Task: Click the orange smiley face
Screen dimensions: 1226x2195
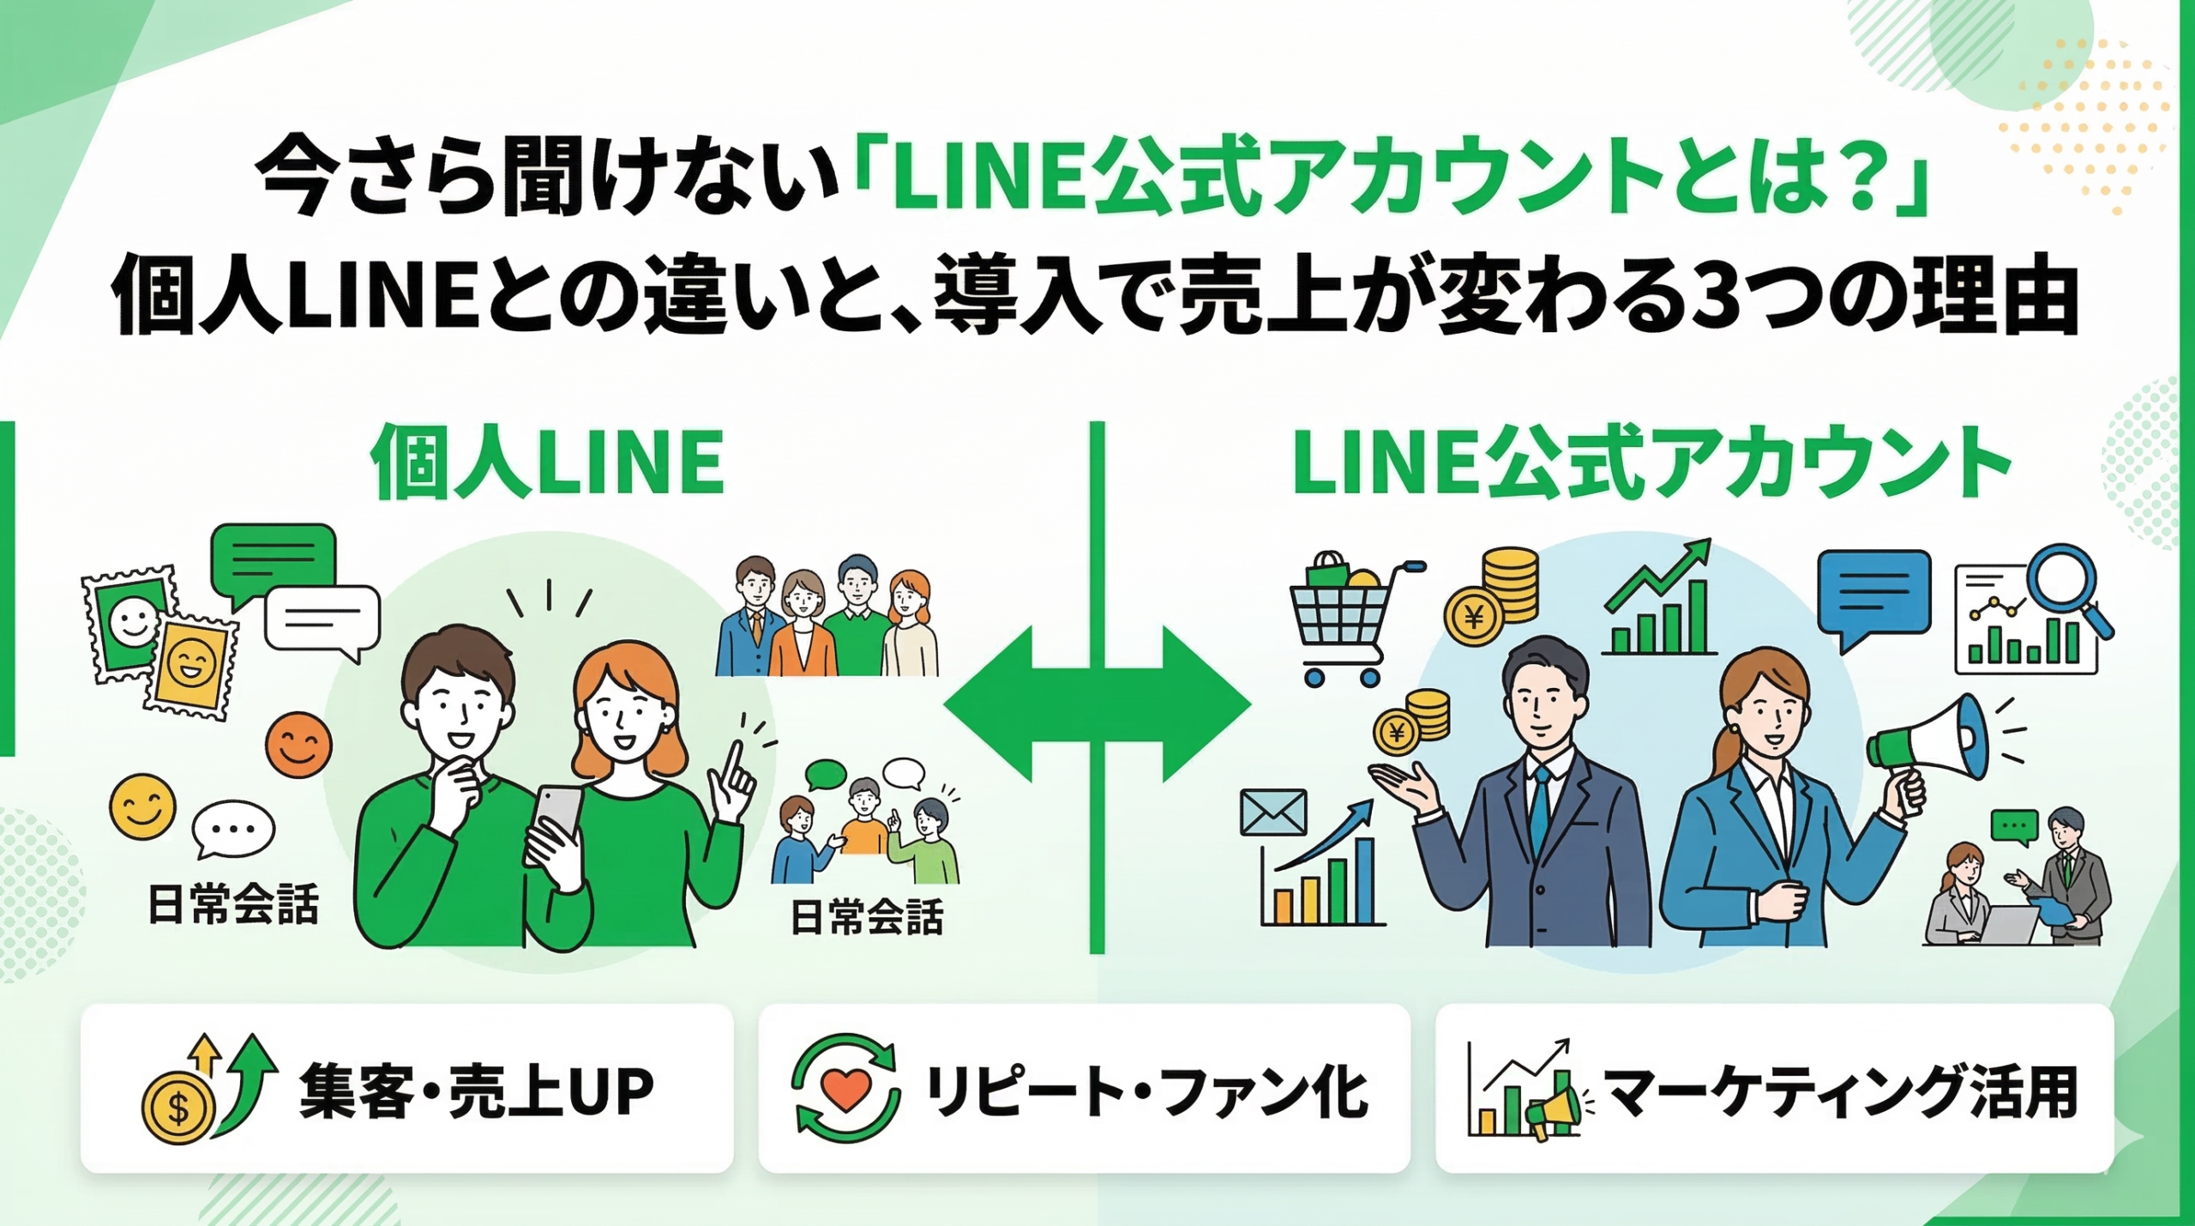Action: [x=298, y=744]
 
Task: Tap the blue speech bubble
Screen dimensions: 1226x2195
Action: [x=1873, y=593]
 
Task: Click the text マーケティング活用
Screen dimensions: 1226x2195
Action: [x=1839, y=1092]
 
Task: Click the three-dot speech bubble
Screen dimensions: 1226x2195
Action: [x=232, y=829]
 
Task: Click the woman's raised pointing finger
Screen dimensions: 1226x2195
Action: [x=732, y=760]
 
